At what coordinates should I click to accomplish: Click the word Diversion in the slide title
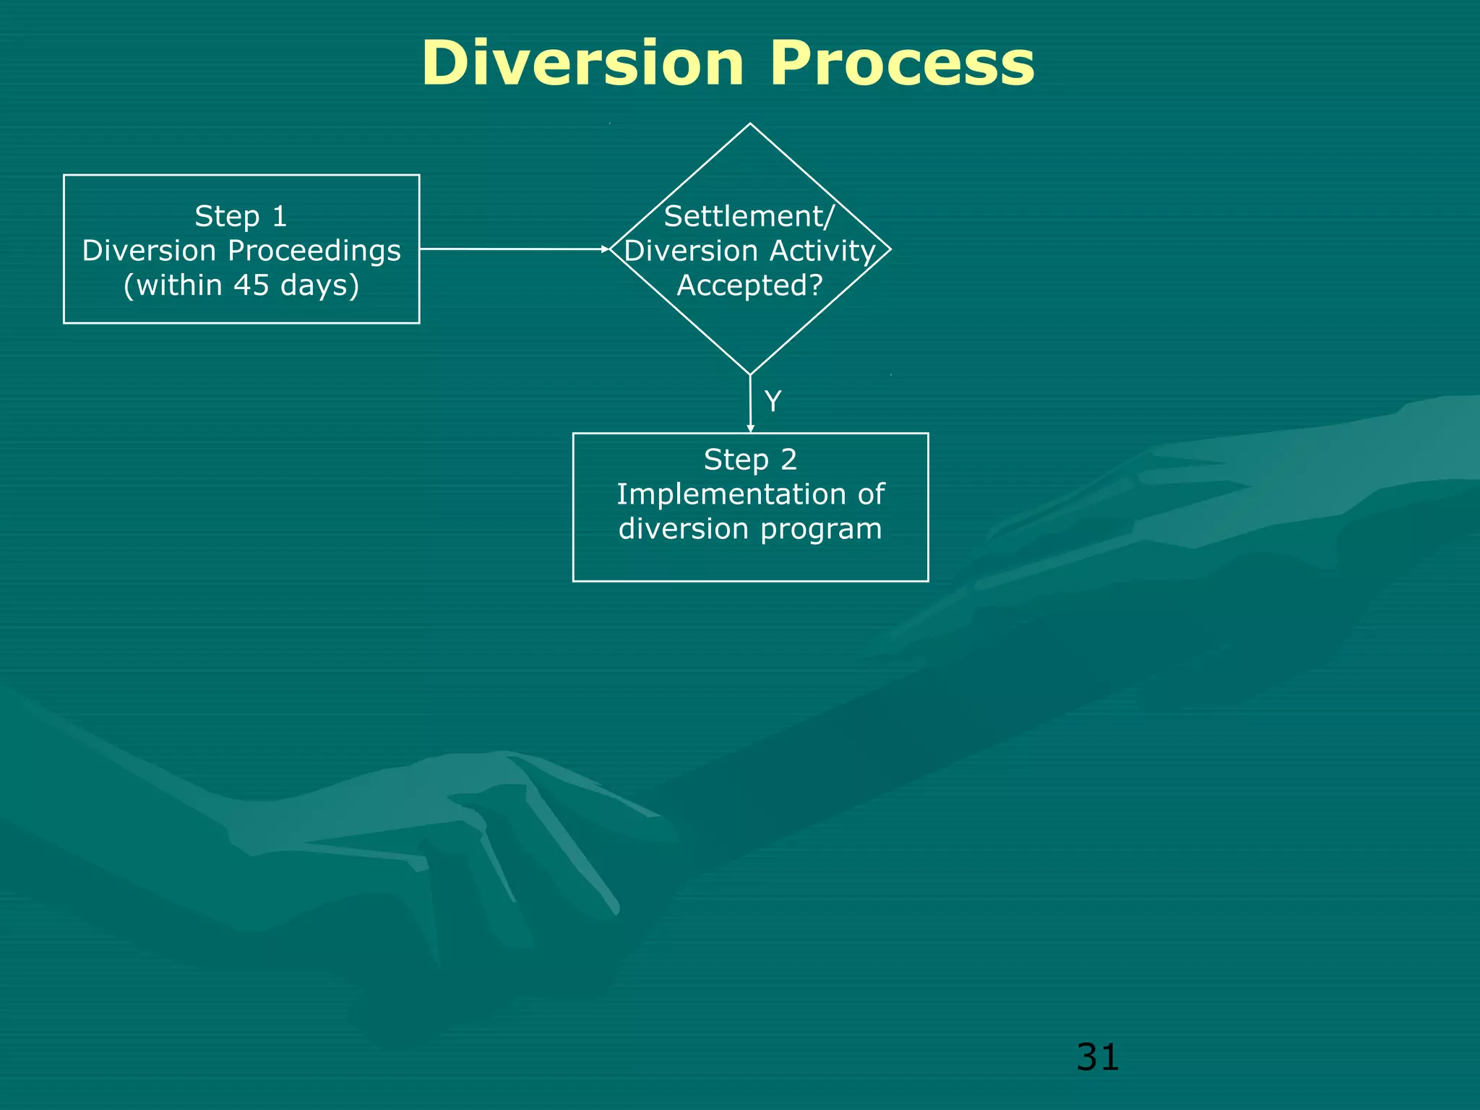coord(582,64)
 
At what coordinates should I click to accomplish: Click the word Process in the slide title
coord(902,64)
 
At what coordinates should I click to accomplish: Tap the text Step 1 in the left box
coord(241,216)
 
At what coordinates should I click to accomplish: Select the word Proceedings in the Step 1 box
coord(314,251)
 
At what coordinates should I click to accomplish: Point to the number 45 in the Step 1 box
coord(251,285)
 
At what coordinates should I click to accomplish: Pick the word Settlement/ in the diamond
coord(749,216)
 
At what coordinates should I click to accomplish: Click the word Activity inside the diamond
coord(822,251)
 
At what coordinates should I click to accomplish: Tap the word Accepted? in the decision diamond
coord(750,285)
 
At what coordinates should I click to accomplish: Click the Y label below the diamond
coord(773,401)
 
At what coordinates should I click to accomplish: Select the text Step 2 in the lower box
coord(750,460)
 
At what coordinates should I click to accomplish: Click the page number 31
coord(1097,1057)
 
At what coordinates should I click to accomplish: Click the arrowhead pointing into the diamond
coord(606,249)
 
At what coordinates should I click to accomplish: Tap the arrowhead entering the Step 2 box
coord(750,429)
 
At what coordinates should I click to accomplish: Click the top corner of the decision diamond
coord(750,125)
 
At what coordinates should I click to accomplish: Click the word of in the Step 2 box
coord(871,494)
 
